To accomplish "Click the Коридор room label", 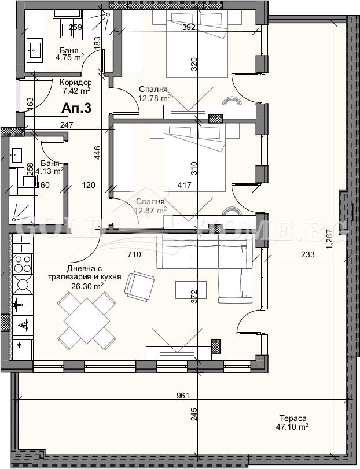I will [76, 82].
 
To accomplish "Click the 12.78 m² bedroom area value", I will [154, 98].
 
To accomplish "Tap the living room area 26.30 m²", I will [85, 285].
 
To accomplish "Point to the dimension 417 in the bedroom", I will [184, 186].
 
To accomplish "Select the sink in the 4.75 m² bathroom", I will [34, 51].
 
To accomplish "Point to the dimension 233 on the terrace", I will [307, 254].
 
